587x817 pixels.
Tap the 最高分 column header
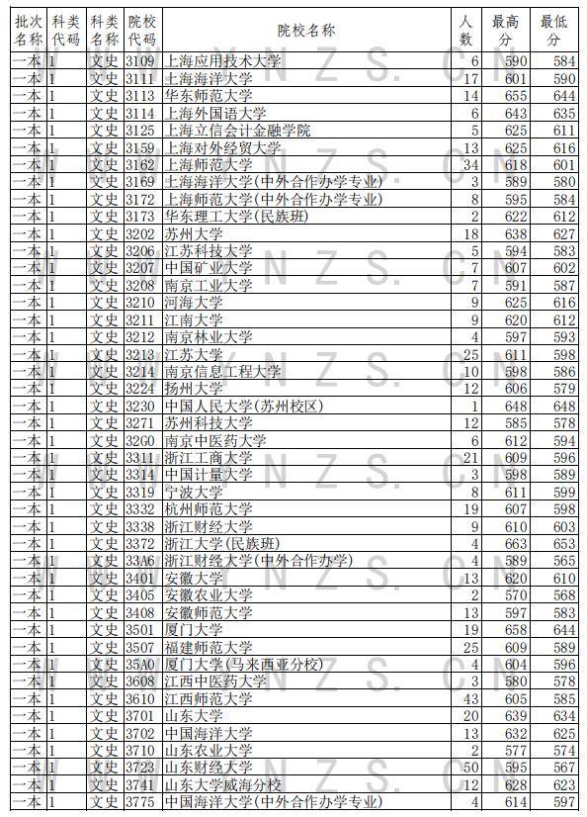tap(506, 31)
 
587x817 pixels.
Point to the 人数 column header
tap(466, 31)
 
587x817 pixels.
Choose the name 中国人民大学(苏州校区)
tap(243, 407)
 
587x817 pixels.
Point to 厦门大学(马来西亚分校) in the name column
tap(243, 664)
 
